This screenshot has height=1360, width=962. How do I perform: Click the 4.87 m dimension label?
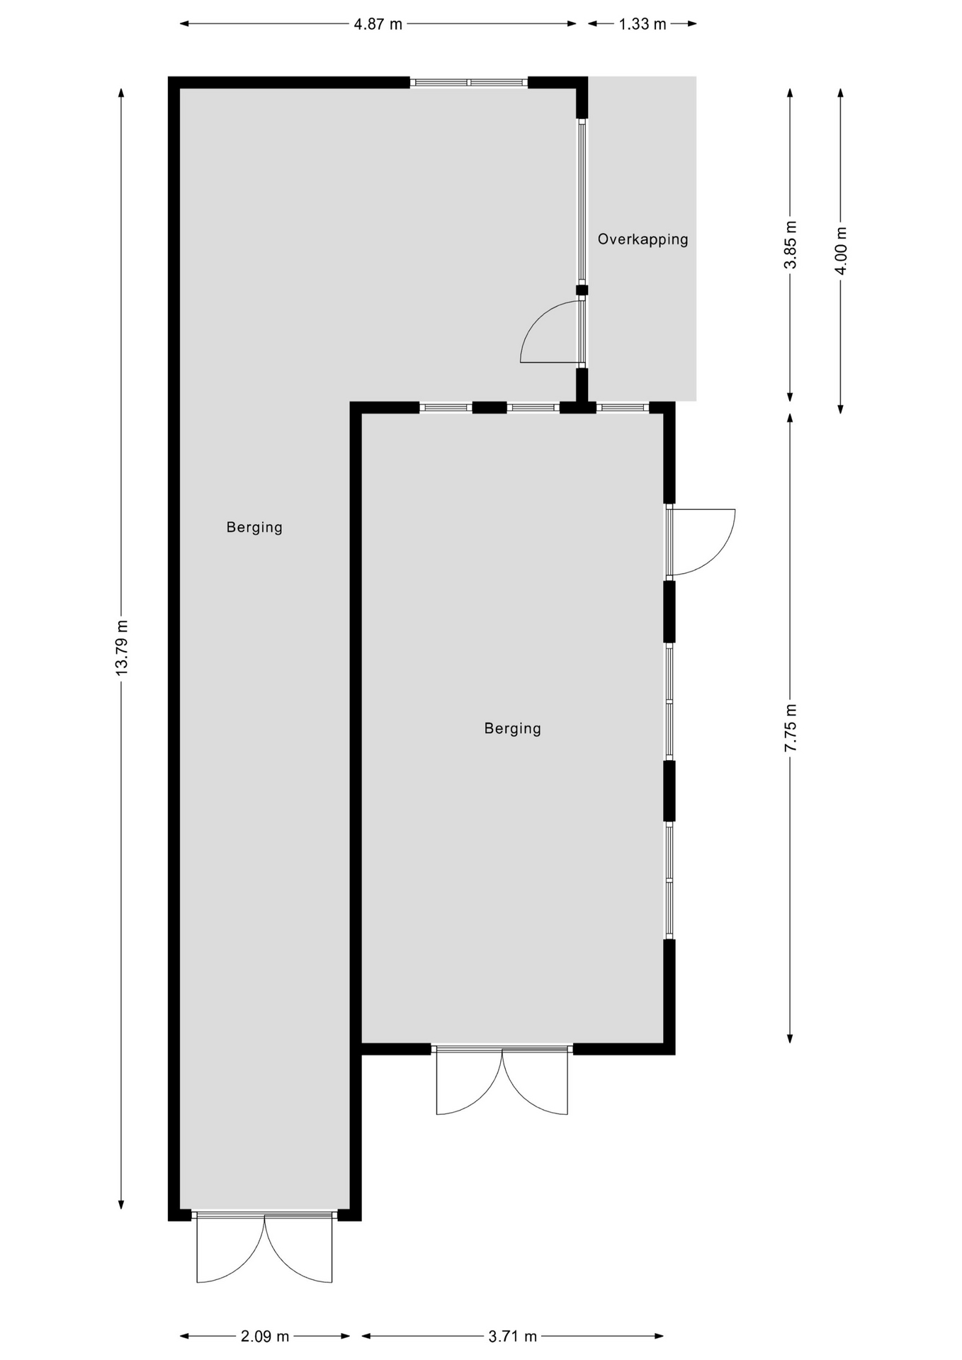point(378,24)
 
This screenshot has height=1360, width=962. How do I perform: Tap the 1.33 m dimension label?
point(643,24)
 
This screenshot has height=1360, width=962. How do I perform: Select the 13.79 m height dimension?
point(122,647)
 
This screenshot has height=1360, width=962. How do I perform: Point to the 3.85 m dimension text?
point(791,244)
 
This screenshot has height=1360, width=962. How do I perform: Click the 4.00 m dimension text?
point(841,250)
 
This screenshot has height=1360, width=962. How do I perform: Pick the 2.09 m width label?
point(265,1337)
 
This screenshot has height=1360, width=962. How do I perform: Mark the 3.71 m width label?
point(513,1337)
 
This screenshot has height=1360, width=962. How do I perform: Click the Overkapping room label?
point(643,239)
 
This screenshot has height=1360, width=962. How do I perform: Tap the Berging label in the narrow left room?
point(254,528)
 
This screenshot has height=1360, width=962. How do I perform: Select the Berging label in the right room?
point(513,729)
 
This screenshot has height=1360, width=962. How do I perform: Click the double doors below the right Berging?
point(502,1080)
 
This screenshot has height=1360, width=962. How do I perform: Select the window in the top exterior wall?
point(469,82)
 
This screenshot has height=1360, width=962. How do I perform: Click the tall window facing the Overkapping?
point(582,201)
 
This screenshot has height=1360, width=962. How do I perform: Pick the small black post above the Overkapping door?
point(582,290)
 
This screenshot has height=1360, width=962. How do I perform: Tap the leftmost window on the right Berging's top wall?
point(446,407)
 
